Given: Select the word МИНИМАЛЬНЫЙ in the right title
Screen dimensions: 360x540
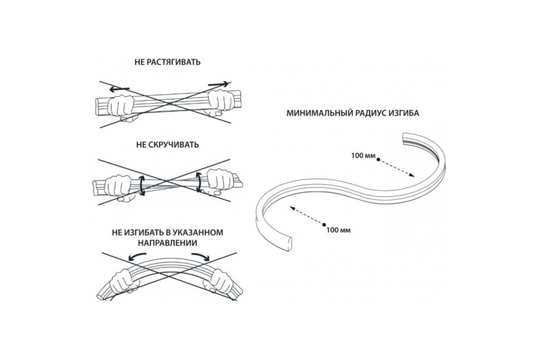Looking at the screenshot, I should point(315,113).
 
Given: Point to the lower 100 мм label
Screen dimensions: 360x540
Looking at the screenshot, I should point(338,230).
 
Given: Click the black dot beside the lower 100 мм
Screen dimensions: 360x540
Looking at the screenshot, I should point(323,224).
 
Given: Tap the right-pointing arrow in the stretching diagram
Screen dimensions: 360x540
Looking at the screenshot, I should point(218,84).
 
